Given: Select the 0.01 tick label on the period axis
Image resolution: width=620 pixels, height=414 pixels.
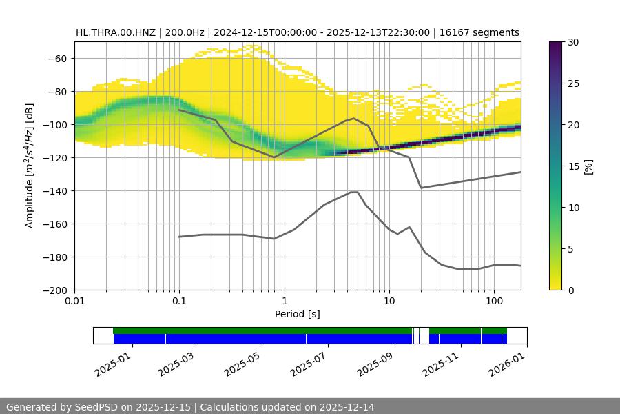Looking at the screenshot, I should (74, 302).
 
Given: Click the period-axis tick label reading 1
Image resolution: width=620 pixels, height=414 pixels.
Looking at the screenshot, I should (284, 302).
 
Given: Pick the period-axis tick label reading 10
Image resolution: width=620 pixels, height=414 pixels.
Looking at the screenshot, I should (389, 302).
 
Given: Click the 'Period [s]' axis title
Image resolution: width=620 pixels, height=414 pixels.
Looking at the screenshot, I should (298, 314).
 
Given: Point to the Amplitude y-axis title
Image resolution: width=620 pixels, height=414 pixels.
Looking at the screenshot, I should (30, 166).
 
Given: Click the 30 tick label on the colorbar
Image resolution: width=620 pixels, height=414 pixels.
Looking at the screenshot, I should (573, 42).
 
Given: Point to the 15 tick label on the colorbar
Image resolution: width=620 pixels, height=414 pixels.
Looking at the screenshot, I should (573, 166).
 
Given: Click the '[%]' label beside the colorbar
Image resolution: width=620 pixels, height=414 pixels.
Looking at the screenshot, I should (588, 166).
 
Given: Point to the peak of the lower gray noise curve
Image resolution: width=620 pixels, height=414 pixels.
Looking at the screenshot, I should (354, 192).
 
